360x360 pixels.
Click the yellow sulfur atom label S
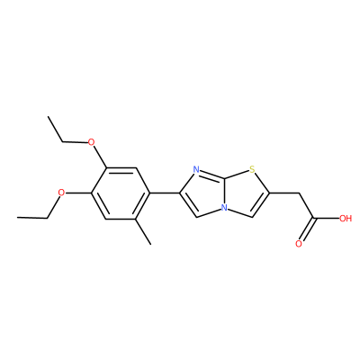(252, 170)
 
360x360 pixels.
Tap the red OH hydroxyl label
(346, 218)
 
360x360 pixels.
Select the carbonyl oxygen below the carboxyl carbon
(299, 244)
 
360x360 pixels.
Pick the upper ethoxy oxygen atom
(91, 141)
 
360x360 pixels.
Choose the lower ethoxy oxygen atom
(61, 193)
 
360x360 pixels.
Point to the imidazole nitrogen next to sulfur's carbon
(196, 170)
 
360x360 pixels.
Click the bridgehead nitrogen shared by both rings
(223, 207)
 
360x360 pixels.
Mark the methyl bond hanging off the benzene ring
(143, 231)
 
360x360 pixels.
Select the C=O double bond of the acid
(306, 229)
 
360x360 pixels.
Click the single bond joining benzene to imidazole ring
(165, 193)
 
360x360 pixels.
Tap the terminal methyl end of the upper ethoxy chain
(48, 116)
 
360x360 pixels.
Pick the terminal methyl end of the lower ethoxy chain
(18, 218)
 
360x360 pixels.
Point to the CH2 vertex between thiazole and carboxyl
(299, 193)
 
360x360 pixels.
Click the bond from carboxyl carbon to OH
(327, 218)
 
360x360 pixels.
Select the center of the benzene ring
(121, 193)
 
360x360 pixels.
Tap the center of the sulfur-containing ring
(246, 193)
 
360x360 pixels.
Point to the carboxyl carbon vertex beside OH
(314, 218)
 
